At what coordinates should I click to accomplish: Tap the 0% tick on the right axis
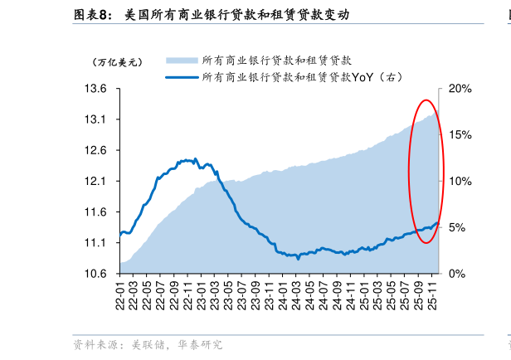coord(456,274)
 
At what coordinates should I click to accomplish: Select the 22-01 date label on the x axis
coord(121,294)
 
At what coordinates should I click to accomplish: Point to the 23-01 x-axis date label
coord(202,294)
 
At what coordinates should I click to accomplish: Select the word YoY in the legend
coord(364,77)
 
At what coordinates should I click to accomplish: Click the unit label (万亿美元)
coord(117,61)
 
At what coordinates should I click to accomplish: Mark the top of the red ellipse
coord(426,100)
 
